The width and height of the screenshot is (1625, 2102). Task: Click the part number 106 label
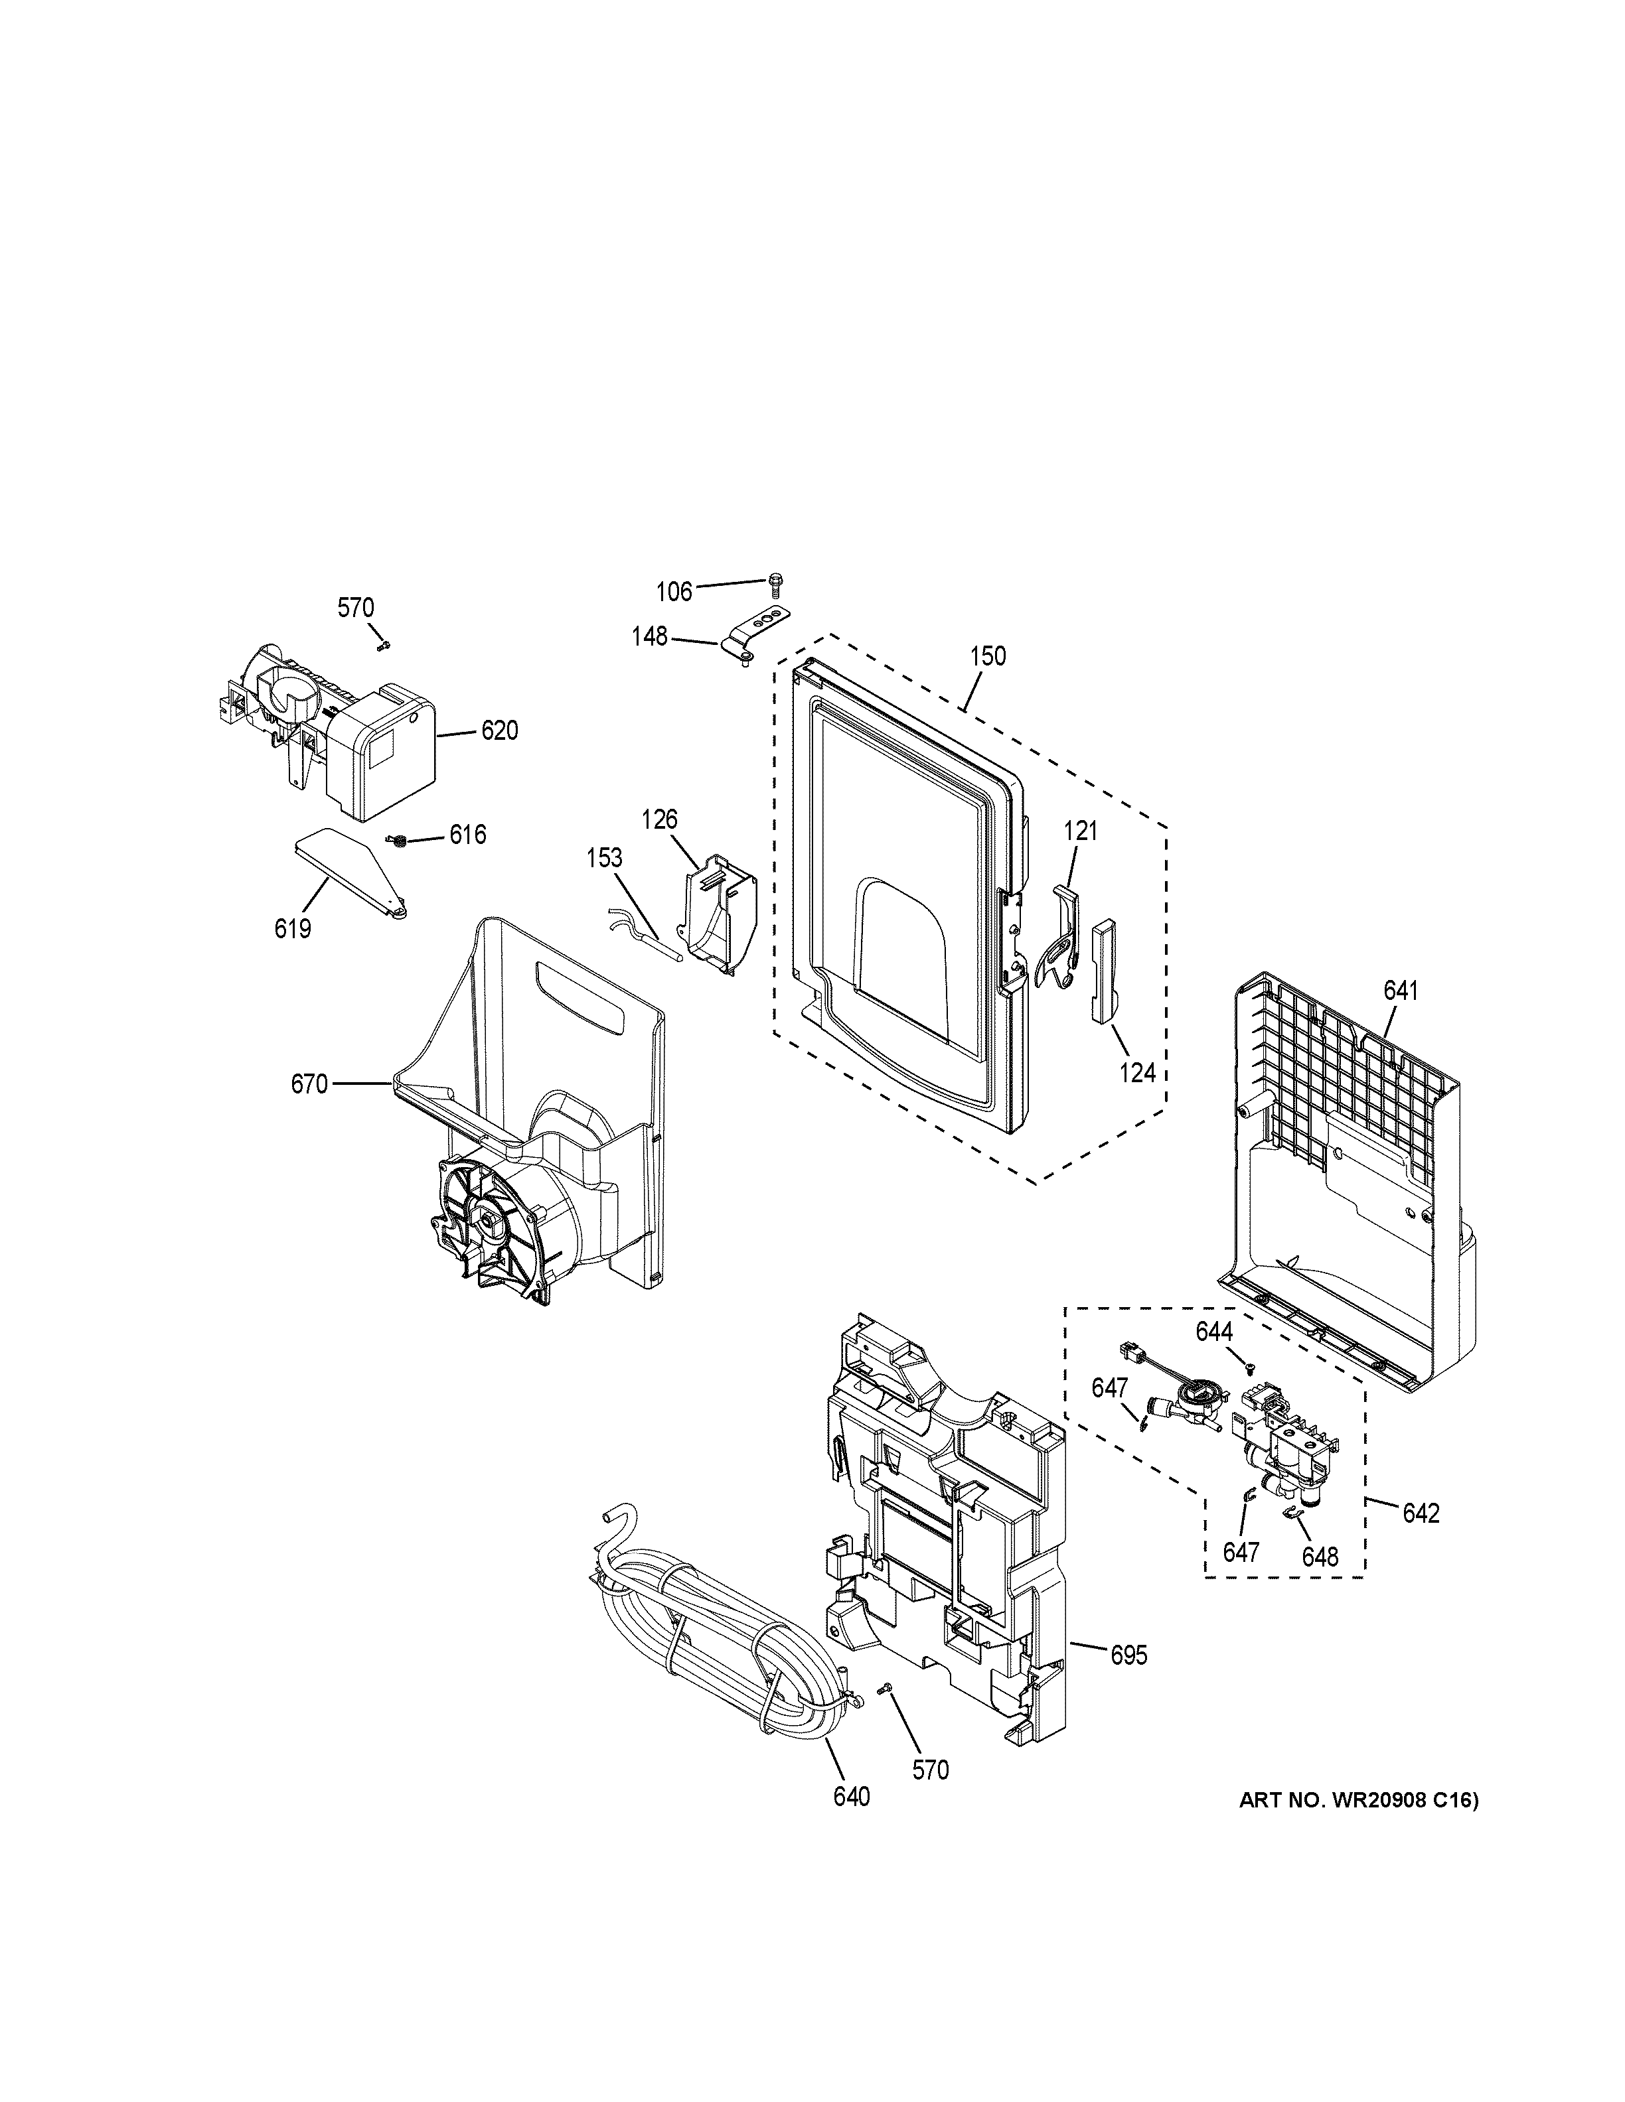674,591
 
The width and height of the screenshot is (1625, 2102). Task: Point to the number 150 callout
988,656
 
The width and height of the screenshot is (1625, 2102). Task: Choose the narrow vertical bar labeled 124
1101,968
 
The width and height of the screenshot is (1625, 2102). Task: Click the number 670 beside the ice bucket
310,1085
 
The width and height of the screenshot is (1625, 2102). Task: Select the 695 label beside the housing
1128,1655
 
